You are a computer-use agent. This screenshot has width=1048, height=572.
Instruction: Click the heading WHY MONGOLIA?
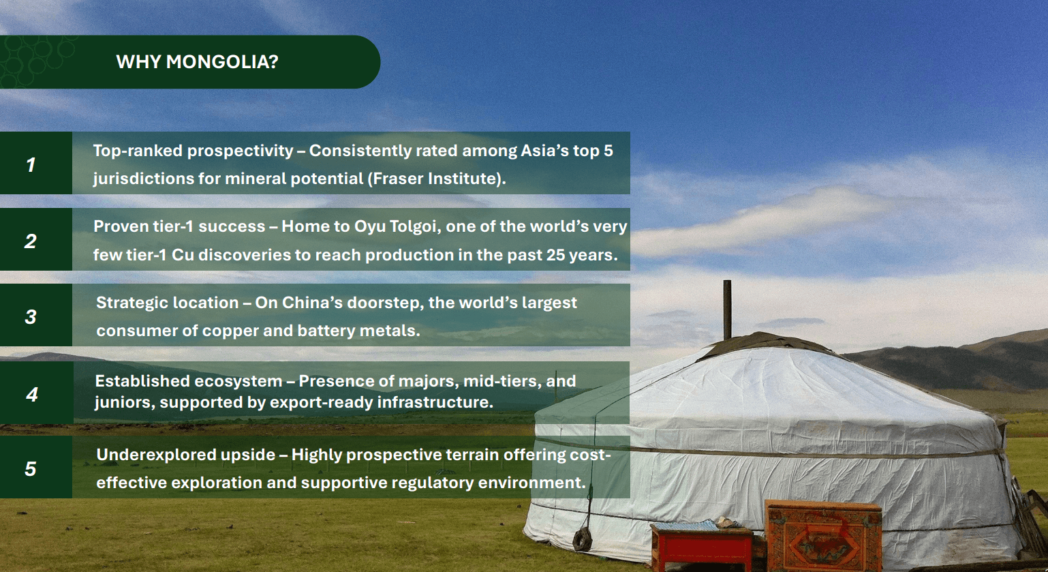[197, 62]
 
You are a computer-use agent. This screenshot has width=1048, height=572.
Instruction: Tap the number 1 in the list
[31, 165]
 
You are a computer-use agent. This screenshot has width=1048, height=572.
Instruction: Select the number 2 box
[36, 239]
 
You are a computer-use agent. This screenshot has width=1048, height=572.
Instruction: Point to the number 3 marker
[31, 317]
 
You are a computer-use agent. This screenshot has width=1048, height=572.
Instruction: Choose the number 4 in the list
[32, 395]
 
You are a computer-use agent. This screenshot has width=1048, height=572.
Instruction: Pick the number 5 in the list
[31, 468]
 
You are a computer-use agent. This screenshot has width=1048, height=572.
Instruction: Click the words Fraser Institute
[433, 179]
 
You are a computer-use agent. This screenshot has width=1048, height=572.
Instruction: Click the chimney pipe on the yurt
[727, 310]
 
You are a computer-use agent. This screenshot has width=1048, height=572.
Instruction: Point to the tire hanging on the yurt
[583, 539]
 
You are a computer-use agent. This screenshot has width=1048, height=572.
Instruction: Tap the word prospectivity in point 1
[240, 151]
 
